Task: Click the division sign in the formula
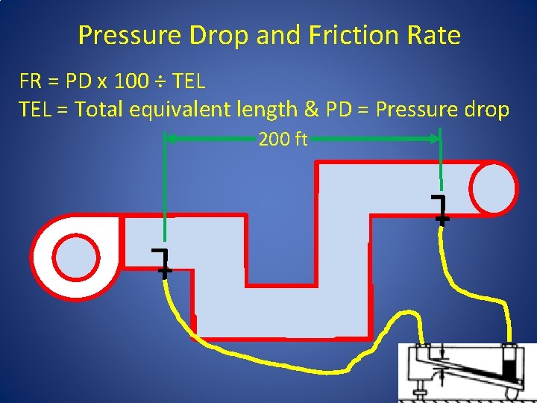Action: tap(160, 81)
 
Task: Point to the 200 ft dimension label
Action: tap(283, 139)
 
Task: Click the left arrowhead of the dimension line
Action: tap(169, 138)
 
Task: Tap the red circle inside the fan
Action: tap(76, 256)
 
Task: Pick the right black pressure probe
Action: tap(441, 210)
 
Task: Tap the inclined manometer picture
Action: tap(466, 371)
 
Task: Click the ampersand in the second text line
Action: tap(311, 110)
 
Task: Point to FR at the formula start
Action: tap(31, 81)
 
